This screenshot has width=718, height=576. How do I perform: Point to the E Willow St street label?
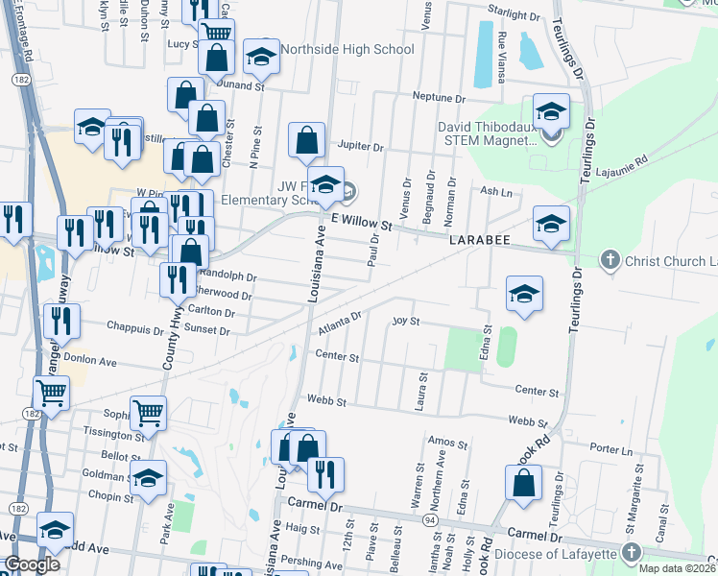pos(362,223)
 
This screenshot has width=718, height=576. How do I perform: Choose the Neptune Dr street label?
pos(439,97)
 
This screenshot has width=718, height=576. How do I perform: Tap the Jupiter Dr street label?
pos(360,148)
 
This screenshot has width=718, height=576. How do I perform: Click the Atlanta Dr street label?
pos(340,322)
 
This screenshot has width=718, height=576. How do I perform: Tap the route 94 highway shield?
pos(429,519)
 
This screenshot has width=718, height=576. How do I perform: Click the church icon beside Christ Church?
pos(609,259)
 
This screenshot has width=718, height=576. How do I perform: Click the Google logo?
pos(32,564)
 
